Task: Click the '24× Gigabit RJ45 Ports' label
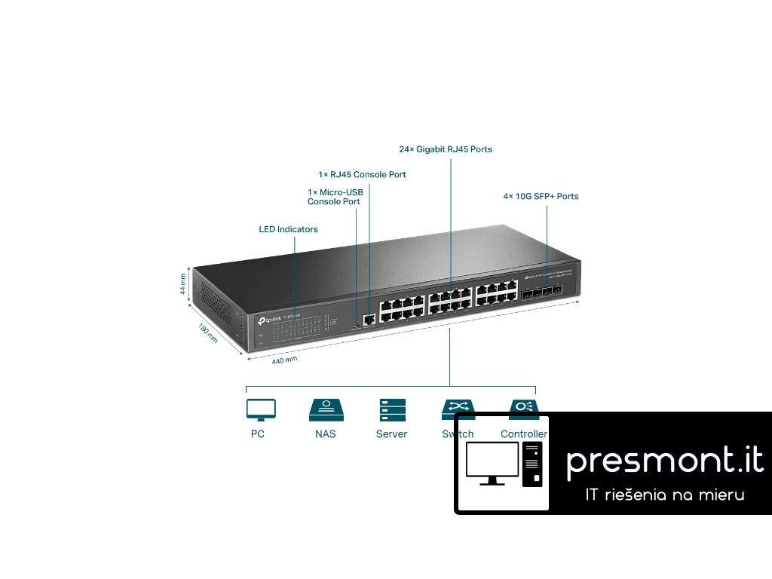446,149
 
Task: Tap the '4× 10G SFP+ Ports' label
541,196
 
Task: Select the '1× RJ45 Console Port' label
362,174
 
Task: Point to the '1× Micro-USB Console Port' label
335,197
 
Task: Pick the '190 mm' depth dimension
207,333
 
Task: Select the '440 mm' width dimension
284,360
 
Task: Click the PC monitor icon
261,409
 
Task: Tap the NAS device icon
326,409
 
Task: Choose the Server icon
392,409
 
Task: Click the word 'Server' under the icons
391,434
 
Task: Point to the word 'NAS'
326,434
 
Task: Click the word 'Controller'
523,434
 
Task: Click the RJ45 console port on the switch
369,319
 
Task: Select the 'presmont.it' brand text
664,459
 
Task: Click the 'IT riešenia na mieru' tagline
665,495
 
